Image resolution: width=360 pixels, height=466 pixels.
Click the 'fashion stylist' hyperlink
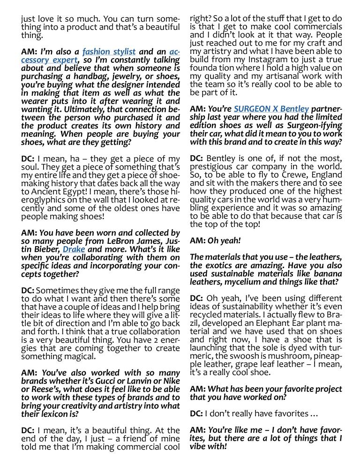tap(109, 52)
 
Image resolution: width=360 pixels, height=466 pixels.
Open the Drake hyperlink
tap(74, 249)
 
